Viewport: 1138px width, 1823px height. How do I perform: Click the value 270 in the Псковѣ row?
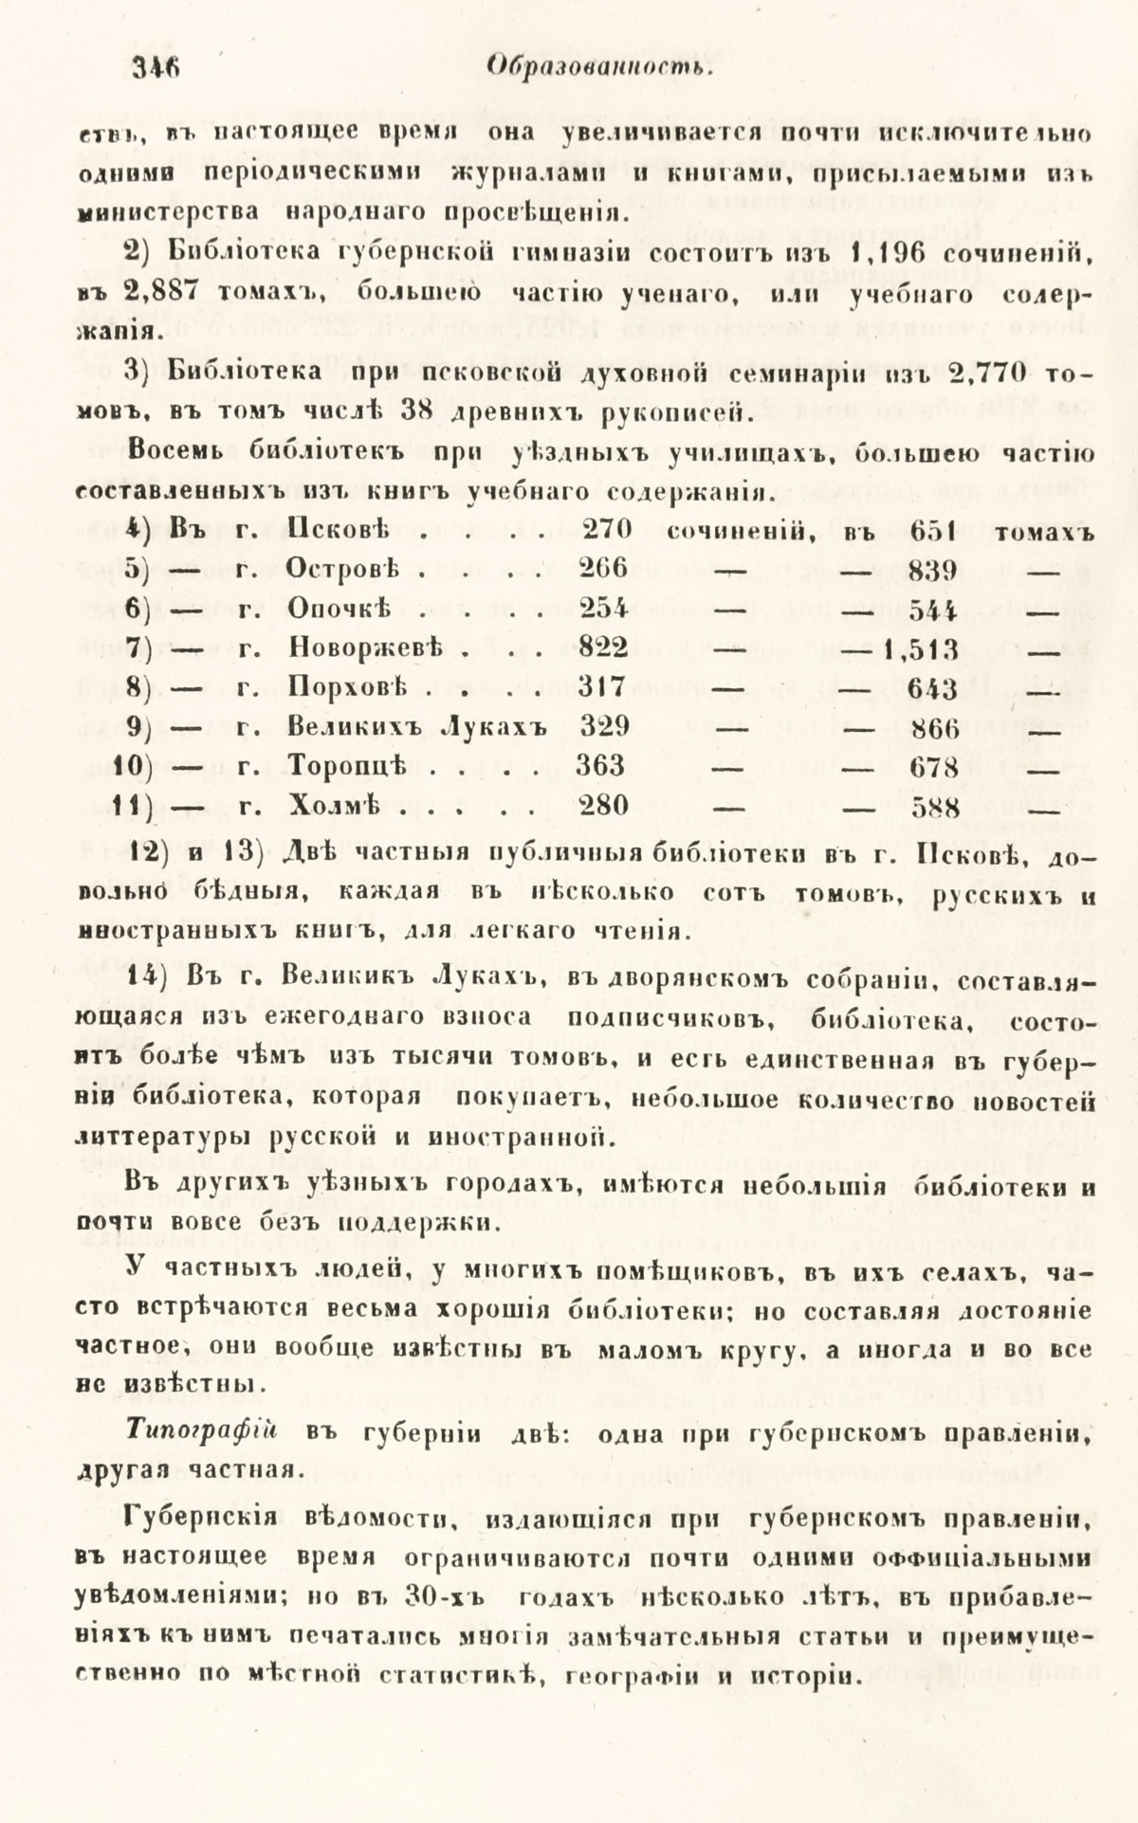coord(605,530)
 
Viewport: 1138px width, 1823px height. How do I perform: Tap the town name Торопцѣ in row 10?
coord(346,766)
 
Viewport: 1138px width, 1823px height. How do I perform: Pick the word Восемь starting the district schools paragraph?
coord(177,453)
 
